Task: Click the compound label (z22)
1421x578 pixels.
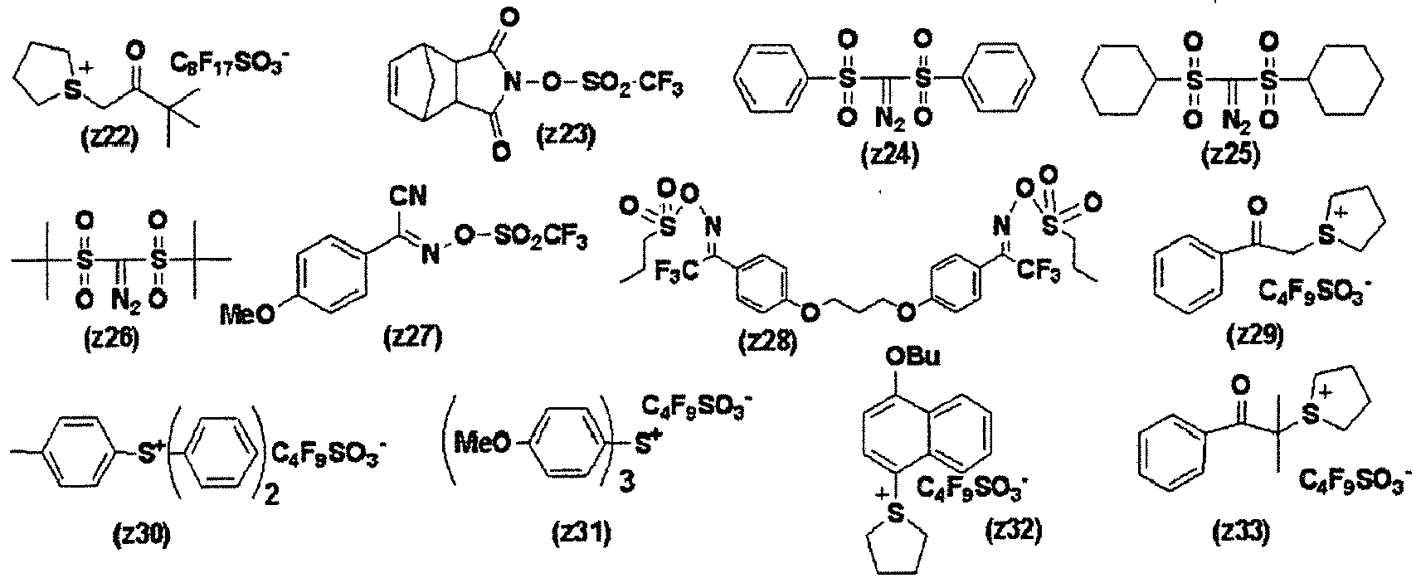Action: coord(110,139)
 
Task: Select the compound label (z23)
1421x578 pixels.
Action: coord(566,136)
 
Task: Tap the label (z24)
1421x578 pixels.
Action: coord(890,155)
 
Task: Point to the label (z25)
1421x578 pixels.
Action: coord(1231,155)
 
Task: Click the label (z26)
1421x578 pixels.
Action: coord(111,338)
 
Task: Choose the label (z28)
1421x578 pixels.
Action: coord(768,341)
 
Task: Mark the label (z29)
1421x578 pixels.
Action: coord(1255,335)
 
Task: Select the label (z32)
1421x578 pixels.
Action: coord(1013,530)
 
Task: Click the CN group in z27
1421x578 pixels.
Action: coord(408,196)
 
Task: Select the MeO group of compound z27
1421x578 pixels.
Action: coord(247,313)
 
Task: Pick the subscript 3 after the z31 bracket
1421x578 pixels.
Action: coord(626,485)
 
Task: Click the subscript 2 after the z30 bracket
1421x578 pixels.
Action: coord(271,494)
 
